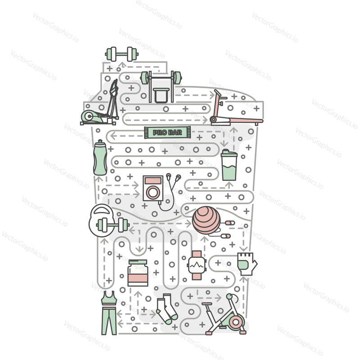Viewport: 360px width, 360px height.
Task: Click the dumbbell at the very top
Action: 121,54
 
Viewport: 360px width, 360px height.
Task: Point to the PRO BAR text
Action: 167,132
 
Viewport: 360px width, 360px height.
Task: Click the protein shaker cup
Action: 229,165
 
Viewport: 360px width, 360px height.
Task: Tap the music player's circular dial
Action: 153,193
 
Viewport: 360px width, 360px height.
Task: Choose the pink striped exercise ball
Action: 206,220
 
